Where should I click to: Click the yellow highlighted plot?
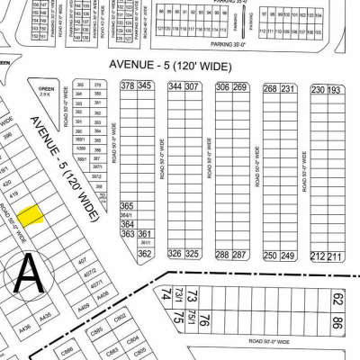[31, 215]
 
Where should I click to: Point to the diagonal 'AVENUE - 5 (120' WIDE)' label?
[65, 168]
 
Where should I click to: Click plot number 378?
[127, 85]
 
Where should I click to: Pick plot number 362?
[143, 254]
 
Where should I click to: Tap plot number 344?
[174, 85]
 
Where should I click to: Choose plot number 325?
[191, 254]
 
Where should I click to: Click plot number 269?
[239, 86]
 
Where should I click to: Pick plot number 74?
[166, 294]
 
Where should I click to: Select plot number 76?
[205, 319]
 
